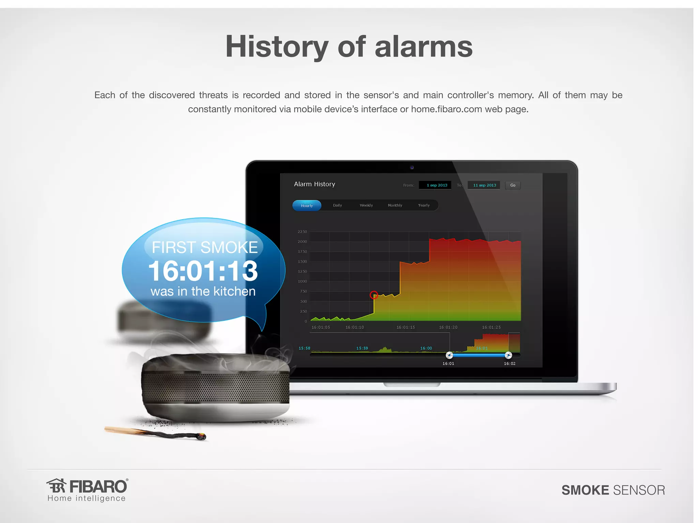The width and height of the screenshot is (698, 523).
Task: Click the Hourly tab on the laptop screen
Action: coord(307,206)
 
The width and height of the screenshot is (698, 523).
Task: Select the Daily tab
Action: coord(337,205)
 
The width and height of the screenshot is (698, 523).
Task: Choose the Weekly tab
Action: coord(366,205)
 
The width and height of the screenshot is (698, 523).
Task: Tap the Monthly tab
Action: coord(395,205)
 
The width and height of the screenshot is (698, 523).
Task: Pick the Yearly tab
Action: coord(424,205)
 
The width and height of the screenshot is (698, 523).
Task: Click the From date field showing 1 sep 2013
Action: coord(436,185)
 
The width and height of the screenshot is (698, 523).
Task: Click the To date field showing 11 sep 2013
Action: coord(484,185)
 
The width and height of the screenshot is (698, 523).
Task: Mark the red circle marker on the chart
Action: coord(374,295)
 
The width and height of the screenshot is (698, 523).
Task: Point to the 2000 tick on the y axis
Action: coord(302,242)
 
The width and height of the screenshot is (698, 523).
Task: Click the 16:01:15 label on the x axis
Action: coord(406,327)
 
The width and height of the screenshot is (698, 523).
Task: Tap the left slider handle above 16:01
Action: coord(450,355)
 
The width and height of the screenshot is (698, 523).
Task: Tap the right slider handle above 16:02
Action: coord(508,355)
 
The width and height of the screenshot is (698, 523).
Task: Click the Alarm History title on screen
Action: coord(315,184)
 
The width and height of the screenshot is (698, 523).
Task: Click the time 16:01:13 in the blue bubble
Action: coord(203,271)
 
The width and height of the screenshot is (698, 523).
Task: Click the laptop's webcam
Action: coord(412,168)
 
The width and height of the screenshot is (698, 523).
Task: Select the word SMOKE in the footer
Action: coord(585,490)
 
